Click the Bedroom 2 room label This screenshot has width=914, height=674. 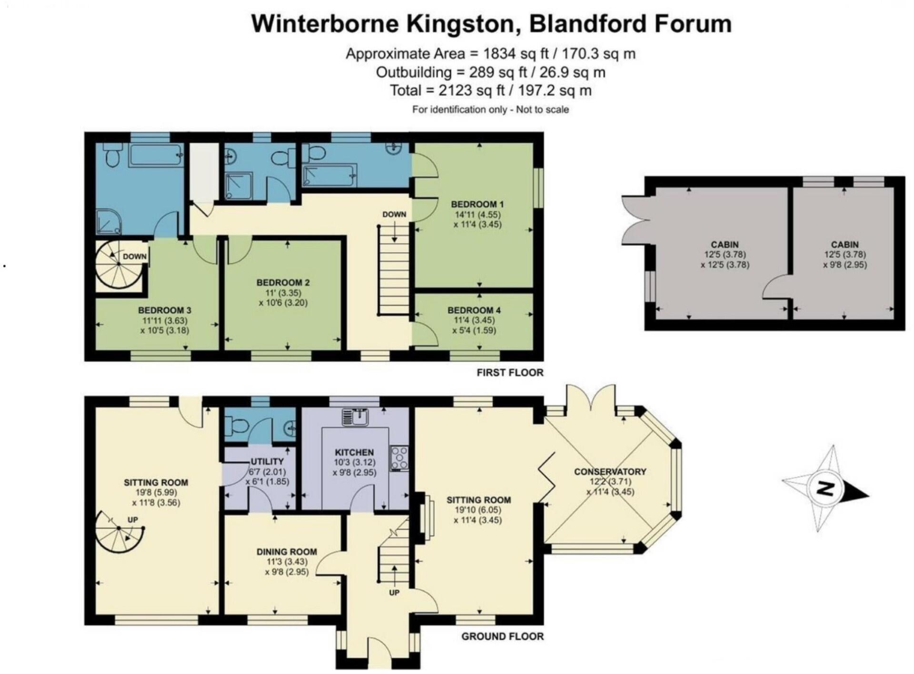283,282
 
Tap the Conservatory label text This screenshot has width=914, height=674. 610,471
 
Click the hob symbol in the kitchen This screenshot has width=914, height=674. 399,458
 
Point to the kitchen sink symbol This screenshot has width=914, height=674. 355,417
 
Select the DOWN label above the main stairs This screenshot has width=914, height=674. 394,214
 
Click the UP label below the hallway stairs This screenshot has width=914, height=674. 394,593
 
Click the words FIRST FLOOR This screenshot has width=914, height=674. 510,372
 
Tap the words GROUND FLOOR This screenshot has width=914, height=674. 502,636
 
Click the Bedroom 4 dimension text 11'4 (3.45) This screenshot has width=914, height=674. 474,320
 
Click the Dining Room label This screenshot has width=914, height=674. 287,552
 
